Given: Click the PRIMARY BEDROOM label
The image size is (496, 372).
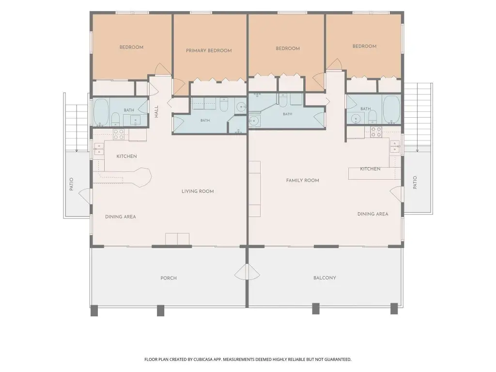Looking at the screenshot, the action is pos(209,50).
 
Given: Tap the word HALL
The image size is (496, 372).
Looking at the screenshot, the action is pos(156,112).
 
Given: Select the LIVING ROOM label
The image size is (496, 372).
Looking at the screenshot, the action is pos(198,191).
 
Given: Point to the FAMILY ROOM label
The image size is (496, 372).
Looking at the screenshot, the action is pos(302,180).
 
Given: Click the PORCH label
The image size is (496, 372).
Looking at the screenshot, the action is pos(168,278).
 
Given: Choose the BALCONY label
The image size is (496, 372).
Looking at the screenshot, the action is pos(325,278).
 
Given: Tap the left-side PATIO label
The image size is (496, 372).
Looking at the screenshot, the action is pos(71,184).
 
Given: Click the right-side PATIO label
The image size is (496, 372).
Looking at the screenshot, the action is pos(415,183).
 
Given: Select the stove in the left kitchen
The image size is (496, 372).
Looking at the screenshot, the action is pos(119,134).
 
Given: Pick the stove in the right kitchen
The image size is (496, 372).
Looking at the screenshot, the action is pos(376,132).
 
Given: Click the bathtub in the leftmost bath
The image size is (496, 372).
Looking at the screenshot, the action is pos(101,112).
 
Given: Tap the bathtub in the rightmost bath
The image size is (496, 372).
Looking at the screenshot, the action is pos(391,109).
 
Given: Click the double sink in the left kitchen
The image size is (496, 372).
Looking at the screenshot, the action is pos(99,149).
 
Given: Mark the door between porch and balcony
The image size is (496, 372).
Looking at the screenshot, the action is pos(248,273).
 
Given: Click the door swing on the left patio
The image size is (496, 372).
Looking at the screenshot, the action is pos(84,196).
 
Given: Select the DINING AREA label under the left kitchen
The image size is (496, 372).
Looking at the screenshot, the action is pos(121,217).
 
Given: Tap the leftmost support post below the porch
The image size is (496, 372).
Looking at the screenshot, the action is pos(94,310).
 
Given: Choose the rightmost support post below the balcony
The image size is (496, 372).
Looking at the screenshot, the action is pos(394,309).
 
